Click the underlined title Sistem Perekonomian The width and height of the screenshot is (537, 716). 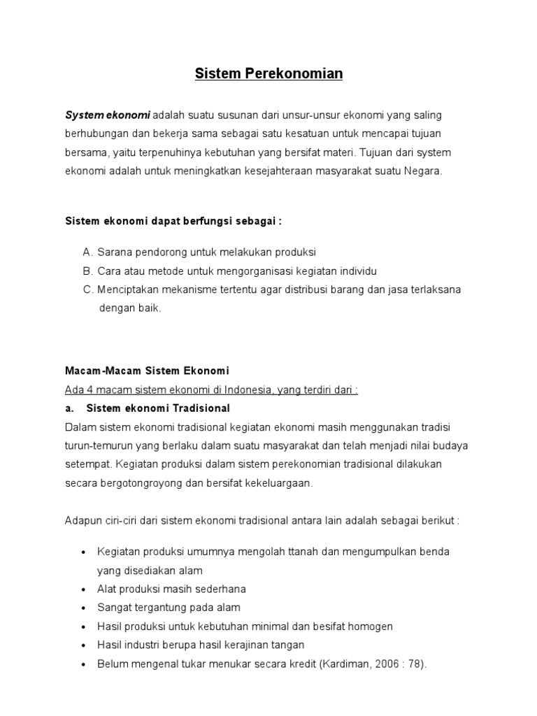pos(268,73)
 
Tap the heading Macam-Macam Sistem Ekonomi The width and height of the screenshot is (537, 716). pos(147,371)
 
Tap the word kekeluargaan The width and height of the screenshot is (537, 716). pos(278,483)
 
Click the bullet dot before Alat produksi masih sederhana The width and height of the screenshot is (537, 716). pos(83,589)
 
